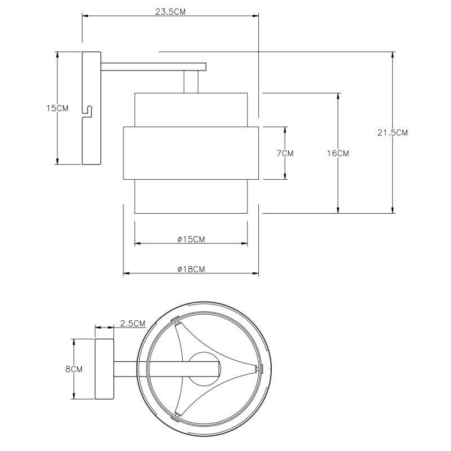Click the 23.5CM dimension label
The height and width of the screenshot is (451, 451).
tap(170, 12)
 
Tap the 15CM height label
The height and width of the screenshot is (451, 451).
tap(58, 108)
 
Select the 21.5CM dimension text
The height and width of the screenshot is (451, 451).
tap(392, 132)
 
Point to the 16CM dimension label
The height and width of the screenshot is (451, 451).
tap(338, 153)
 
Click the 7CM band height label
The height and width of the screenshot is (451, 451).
tap(285, 153)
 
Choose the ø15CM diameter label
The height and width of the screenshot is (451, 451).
tap(191, 239)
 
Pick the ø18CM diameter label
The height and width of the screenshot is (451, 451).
tap(191, 269)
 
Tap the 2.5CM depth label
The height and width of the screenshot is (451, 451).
tap(132, 323)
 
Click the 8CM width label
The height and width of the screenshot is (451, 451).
tap(74, 369)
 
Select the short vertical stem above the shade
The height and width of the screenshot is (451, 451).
tap(191, 82)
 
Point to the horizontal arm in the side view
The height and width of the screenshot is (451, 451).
tap(153, 67)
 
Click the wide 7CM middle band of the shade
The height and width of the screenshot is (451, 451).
tap(191, 153)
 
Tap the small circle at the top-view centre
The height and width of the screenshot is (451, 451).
tap(205, 369)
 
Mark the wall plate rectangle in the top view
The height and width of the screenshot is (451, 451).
tap(104, 369)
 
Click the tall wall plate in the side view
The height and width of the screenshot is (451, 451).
tap(91, 108)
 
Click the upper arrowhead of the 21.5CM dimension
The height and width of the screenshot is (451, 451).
tap(392, 55)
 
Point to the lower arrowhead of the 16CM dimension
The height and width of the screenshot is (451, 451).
tap(338, 210)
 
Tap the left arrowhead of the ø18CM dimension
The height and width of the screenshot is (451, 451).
tap(127, 273)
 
